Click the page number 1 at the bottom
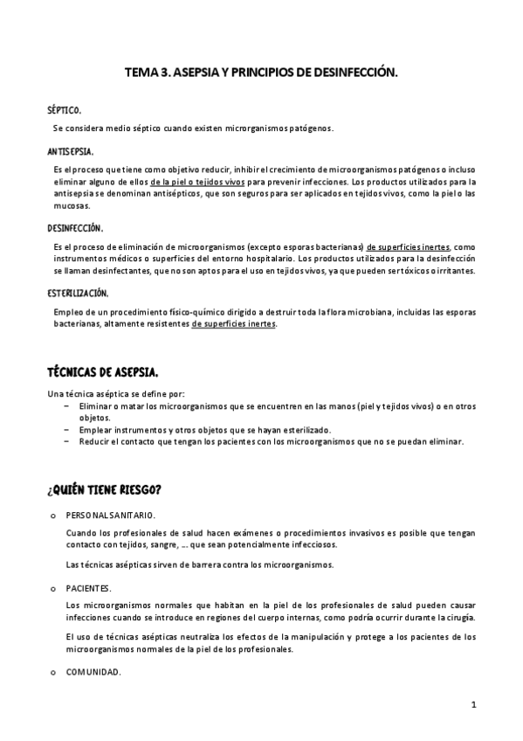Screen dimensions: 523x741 click(x=473, y=704)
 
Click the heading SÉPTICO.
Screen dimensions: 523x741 click(x=65, y=111)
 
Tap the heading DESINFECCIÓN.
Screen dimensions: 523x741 click(x=75, y=228)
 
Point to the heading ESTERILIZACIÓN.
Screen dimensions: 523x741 click(x=79, y=293)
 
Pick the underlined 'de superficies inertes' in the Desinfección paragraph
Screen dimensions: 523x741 click(x=409, y=246)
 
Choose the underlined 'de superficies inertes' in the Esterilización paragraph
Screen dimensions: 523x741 click(x=233, y=323)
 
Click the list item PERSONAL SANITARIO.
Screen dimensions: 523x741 click(x=111, y=515)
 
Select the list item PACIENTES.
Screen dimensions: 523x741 click(x=88, y=589)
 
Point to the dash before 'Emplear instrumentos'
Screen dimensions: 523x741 click(x=67, y=430)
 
